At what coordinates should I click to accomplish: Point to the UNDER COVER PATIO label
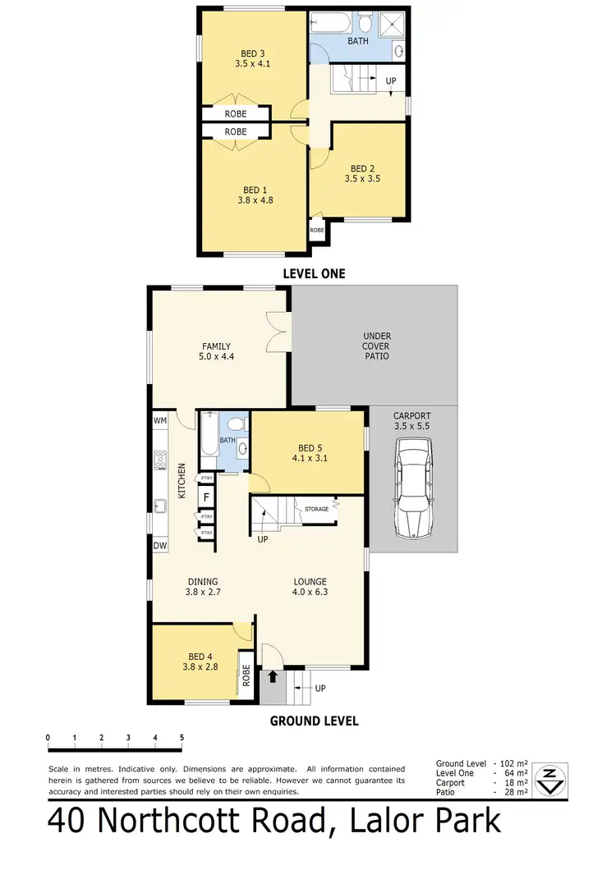pos(376,346)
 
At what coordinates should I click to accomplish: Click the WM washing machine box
pos(160,420)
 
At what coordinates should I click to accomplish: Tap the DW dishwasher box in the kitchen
pos(159,545)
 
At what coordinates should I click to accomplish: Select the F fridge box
pos(207,497)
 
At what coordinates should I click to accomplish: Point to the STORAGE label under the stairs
pos(315,510)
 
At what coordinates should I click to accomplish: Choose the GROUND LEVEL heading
pos(315,721)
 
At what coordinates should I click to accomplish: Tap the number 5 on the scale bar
pos(182,738)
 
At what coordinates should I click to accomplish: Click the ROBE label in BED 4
pos(245,674)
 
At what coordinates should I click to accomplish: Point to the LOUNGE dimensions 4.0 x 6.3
pos(311,592)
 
